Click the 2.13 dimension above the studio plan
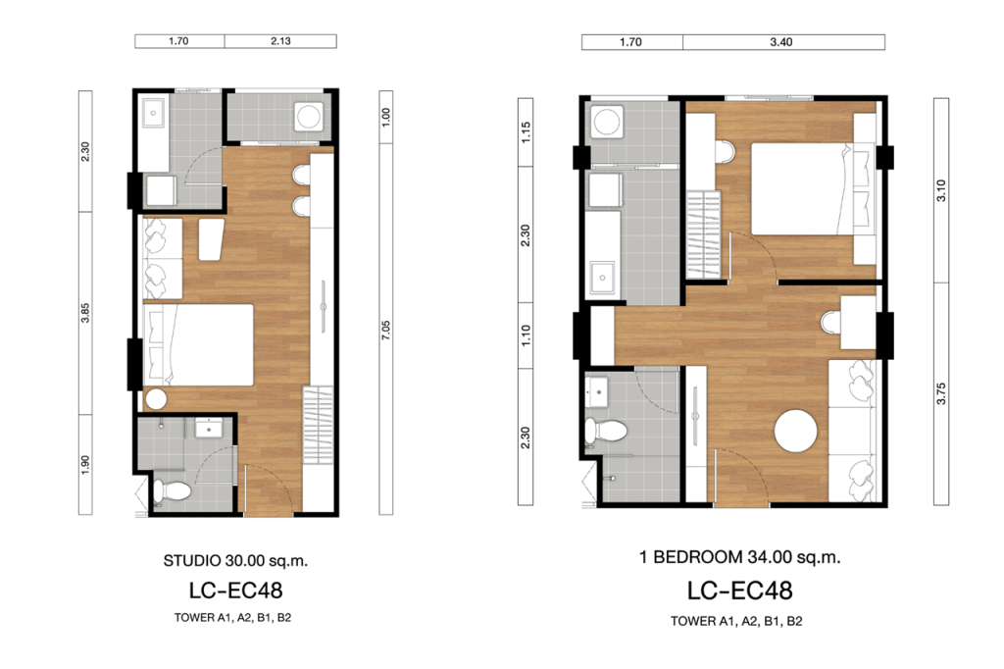coord(280,42)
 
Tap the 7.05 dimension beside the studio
coord(386,330)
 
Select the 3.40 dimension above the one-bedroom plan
coord(782,42)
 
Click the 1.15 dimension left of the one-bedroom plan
coord(527,132)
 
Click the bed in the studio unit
coord(200,344)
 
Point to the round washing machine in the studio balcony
coord(310,119)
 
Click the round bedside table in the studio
coord(155,399)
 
